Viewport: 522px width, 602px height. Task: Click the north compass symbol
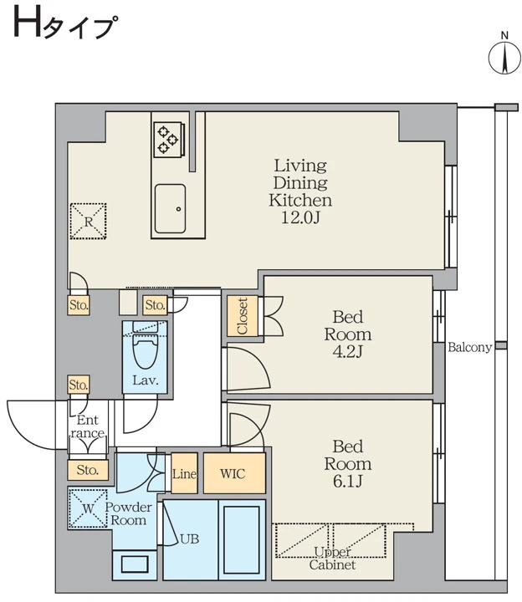(504, 58)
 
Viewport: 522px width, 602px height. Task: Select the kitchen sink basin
(170, 209)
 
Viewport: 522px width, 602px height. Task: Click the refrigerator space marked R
(89, 222)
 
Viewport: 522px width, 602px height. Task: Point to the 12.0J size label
(300, 217)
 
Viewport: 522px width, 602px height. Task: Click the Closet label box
(242, 316)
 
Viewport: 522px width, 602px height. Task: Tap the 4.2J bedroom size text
(348, 352)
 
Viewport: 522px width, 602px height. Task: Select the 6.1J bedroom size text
(348, 481)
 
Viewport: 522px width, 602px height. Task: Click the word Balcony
(470, 348)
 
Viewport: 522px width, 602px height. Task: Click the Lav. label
(146, 380)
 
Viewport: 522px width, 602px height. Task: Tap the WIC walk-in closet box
(234, 473)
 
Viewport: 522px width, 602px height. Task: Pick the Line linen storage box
(184, 473)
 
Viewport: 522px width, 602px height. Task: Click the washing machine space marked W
(88, 508)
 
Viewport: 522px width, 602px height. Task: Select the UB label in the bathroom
(189, 539)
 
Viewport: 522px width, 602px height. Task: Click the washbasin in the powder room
(135, 564)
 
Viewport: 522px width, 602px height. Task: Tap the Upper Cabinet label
(332, 559)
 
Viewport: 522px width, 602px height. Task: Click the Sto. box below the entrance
(88, 470)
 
